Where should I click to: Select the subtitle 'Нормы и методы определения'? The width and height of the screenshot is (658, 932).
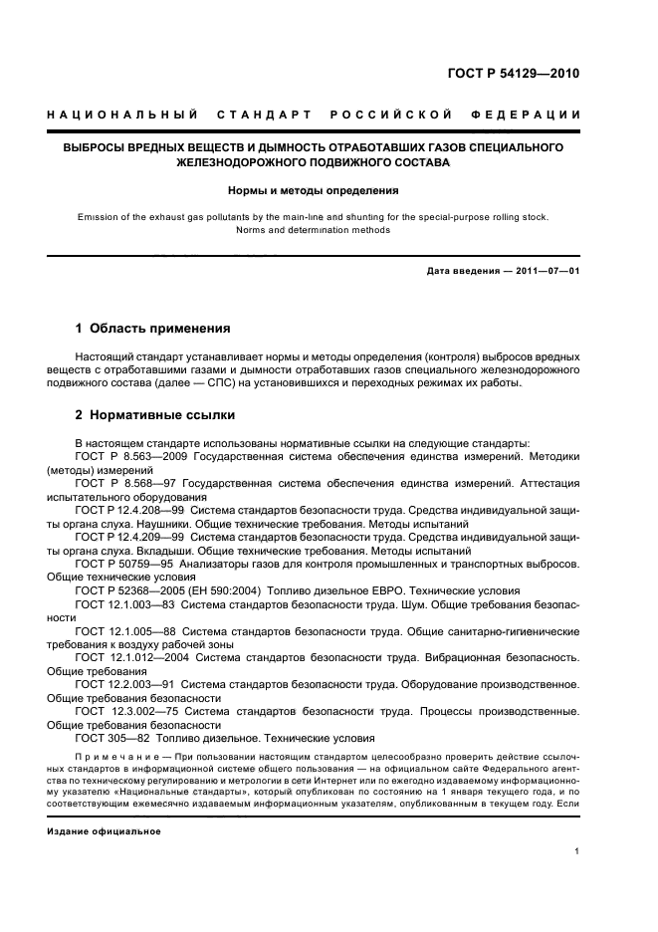(314, 189)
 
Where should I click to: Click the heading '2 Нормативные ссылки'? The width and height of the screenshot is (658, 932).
(155, 415)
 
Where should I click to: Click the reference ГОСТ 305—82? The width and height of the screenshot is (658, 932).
(112, 739)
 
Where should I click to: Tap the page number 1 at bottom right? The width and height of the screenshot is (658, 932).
(577, 851)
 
